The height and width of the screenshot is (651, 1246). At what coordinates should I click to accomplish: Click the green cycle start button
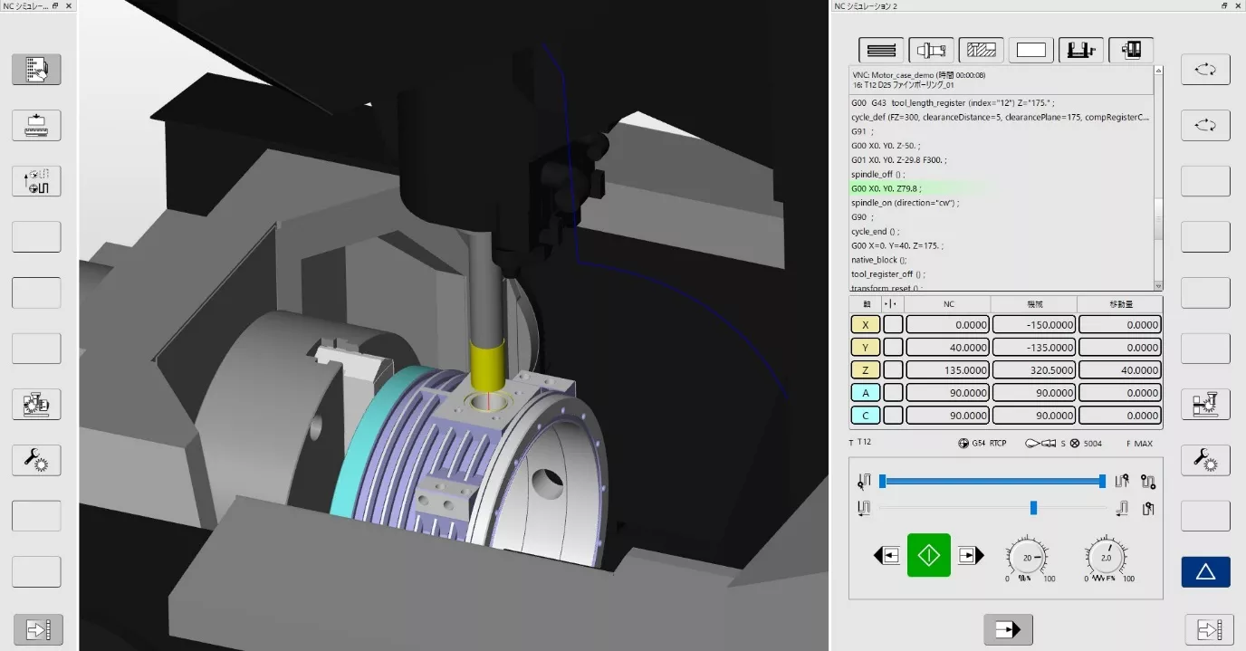pyautogui.click(x=929, y=555)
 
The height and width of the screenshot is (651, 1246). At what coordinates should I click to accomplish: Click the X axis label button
pyautogui.click(x=866, y=324)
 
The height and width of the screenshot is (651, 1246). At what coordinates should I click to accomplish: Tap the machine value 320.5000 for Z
pyautogui.click(x=1033, y=370)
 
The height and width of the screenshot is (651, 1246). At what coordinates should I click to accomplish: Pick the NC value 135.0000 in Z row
pyautogui.click(x=947, y=370)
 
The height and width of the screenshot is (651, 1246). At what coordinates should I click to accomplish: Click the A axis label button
pyautogui.click(x=866, y=393)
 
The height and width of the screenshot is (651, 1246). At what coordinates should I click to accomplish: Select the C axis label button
pyautogui.click(x=866, y=416)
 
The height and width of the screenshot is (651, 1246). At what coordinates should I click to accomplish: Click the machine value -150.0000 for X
pyautogui.click(x=1033, y=324)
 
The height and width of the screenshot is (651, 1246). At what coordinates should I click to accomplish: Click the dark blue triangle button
pyautogui.click(x=1205, y=571)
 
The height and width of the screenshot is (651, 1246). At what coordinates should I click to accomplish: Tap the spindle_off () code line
pyautogui.click(x=877, y=174)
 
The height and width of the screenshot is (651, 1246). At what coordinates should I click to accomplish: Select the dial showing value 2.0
pyautogui.click(x=1106, y=558)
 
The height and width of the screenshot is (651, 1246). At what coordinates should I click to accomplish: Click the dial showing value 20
pyautogui.click(x=1028, y=558)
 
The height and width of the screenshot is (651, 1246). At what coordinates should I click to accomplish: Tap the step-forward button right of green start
pyautogui.click(x=970, y=556)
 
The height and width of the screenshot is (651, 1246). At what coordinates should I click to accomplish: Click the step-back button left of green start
pyautogui.click(x=888, y=556)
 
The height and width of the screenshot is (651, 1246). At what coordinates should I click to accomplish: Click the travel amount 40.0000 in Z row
pyautogui.click(x=1119, y=370)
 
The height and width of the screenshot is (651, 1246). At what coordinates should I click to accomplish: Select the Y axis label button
pyautogui.click(x=866, y=348)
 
